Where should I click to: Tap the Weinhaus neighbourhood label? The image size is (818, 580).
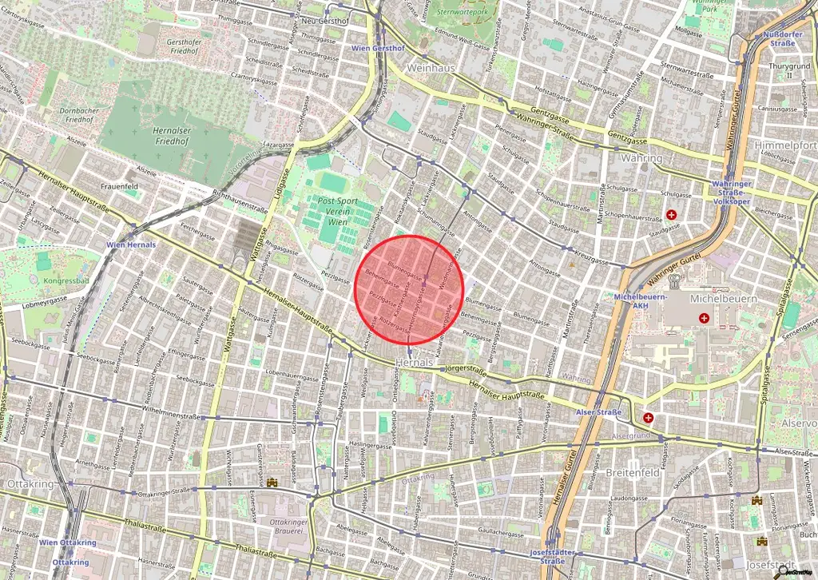[x=431, y=68]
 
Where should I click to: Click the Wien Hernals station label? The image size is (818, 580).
[x=130, y=244]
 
